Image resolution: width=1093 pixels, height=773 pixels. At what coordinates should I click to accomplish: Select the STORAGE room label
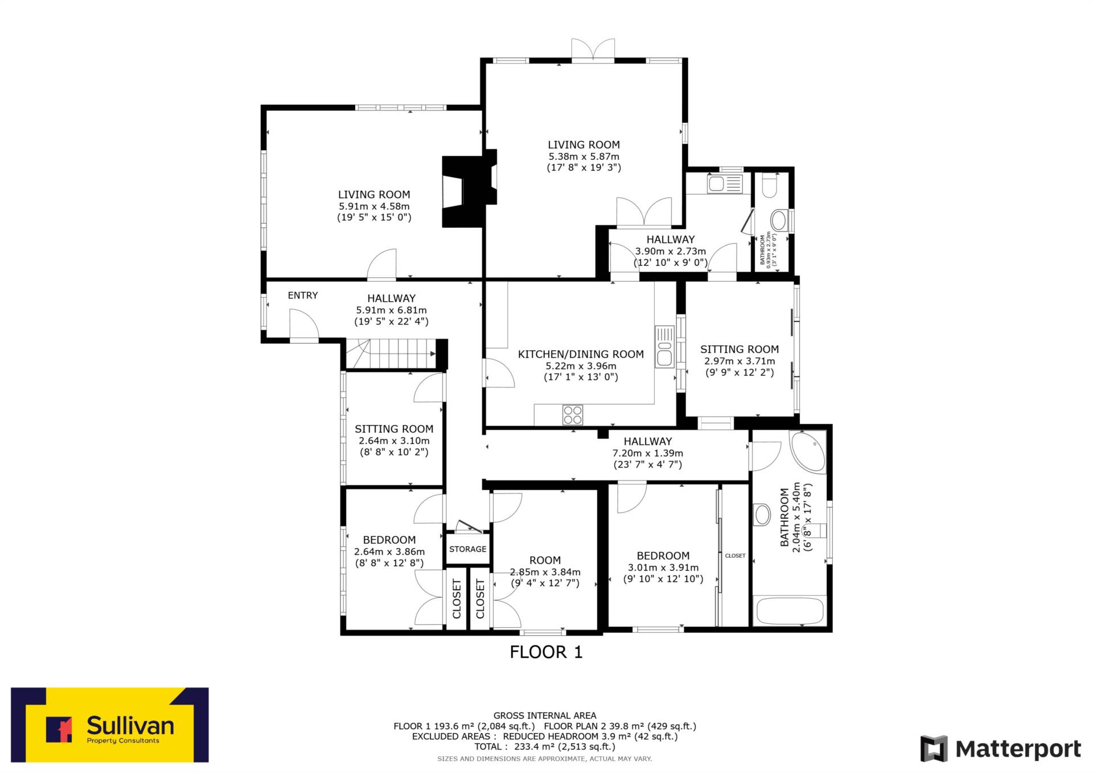(x=468, y=549)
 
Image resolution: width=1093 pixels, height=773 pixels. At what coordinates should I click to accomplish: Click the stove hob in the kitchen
(x=573, y=415)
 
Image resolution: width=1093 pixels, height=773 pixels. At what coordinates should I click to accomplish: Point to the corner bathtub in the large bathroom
(x=808, y=451)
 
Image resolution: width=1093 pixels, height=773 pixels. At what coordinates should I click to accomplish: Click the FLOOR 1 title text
(x=546, y=652)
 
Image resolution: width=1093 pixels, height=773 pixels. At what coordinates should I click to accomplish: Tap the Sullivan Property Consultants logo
(x=110, y=725)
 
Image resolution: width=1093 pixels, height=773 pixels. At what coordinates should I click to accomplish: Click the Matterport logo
(x=1000, y=749)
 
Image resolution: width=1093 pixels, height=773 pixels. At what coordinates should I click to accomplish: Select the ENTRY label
(x=303, y=295)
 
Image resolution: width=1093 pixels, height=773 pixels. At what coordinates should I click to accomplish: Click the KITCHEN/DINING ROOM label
(x=581, y=354)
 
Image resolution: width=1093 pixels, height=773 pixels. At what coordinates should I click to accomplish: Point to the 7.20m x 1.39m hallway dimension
(x=648, y=453)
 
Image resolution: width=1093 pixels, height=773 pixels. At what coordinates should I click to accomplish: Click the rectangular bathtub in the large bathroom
(x=790, y=611)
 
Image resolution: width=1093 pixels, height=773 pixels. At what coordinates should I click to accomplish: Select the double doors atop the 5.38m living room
(x=593, y=50)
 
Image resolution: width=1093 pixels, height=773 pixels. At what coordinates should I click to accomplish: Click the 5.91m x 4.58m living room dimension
(x=374, y=206)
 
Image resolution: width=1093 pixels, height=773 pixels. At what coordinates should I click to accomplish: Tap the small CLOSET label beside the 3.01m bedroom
(x=735, y=556)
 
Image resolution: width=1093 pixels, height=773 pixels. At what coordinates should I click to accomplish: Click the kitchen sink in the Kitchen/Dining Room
(x=664, y=347)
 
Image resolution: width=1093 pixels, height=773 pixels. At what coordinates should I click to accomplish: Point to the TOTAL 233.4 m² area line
(x=545, y=746)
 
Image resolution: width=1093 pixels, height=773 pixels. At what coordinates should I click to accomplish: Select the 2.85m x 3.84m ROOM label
(x=545, y=560)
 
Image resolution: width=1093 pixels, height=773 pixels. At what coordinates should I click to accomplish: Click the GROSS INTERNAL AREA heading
(x=545, y=716)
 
